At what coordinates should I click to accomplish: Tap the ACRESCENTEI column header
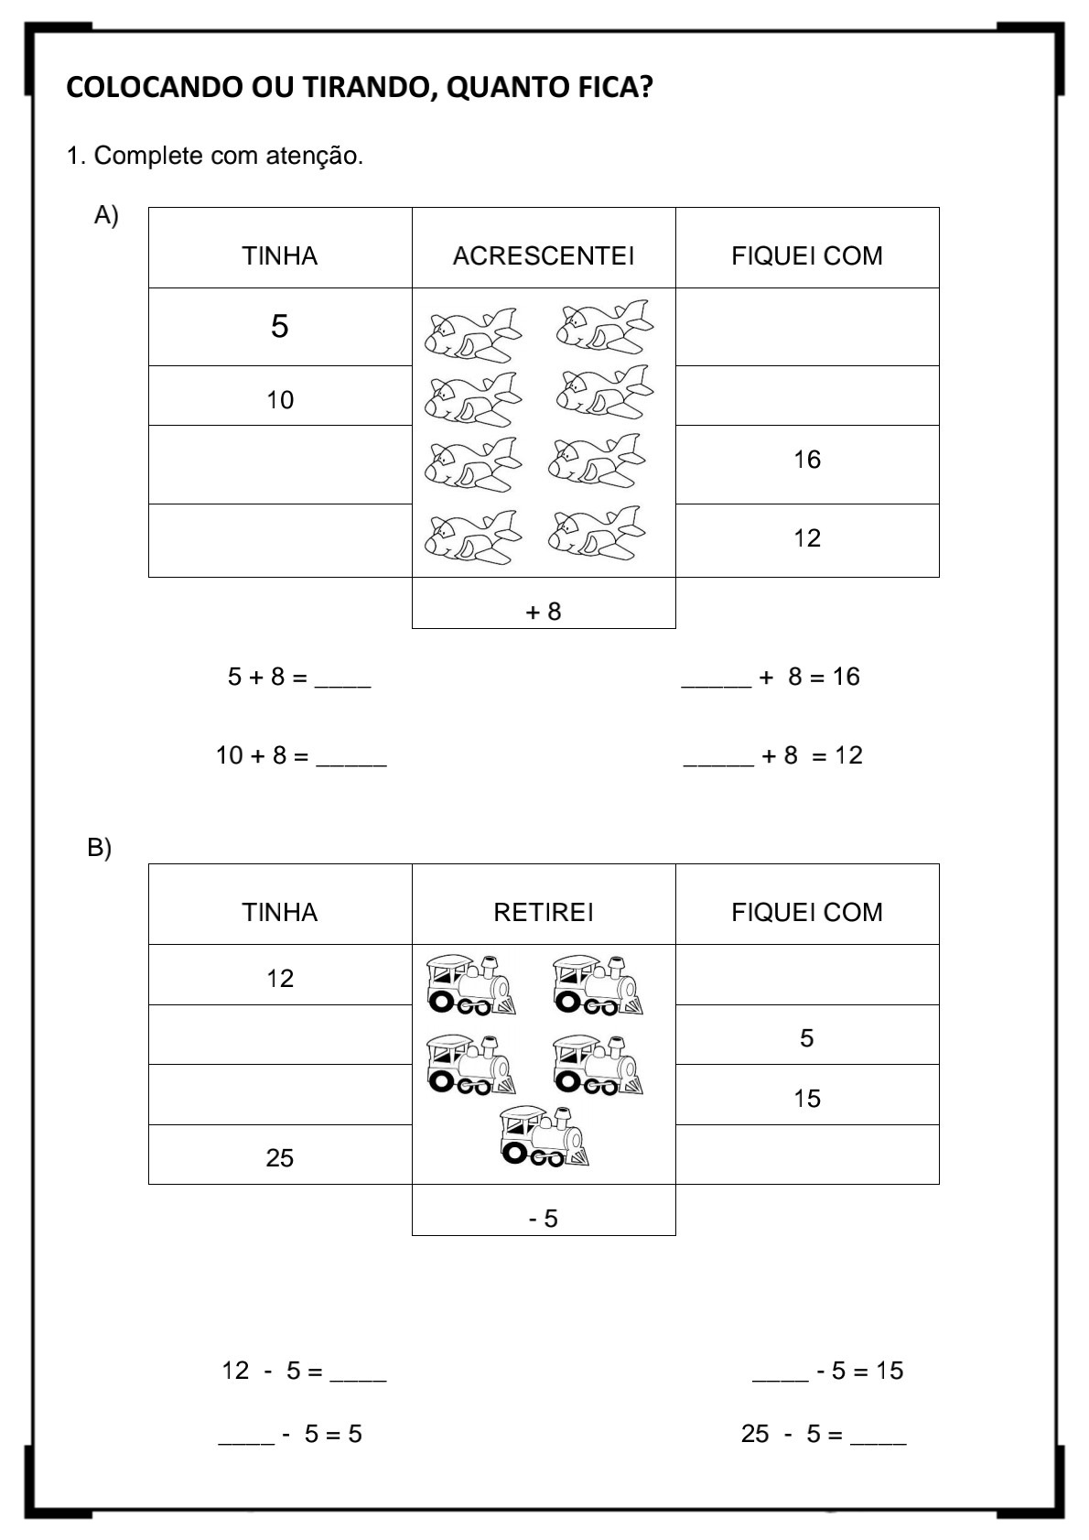coord(544,255)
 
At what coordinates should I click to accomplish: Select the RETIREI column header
coord(544,912)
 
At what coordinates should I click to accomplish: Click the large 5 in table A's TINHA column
coord(280,327)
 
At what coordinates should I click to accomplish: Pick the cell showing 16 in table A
coord(807,460)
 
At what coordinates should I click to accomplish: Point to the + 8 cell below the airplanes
coord(544,612)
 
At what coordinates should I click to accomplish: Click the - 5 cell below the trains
coord(544,1219)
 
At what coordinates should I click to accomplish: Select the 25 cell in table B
coord(280,1158)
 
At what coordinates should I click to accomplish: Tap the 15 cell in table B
coord(807,1099)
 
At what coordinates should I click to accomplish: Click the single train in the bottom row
coord(543,1136)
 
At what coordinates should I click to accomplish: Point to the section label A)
coord(106,215)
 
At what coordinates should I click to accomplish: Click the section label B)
coord(99,848)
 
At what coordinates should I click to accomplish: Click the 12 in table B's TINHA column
coord(280,979)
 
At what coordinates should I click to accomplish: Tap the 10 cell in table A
coord(280,400)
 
